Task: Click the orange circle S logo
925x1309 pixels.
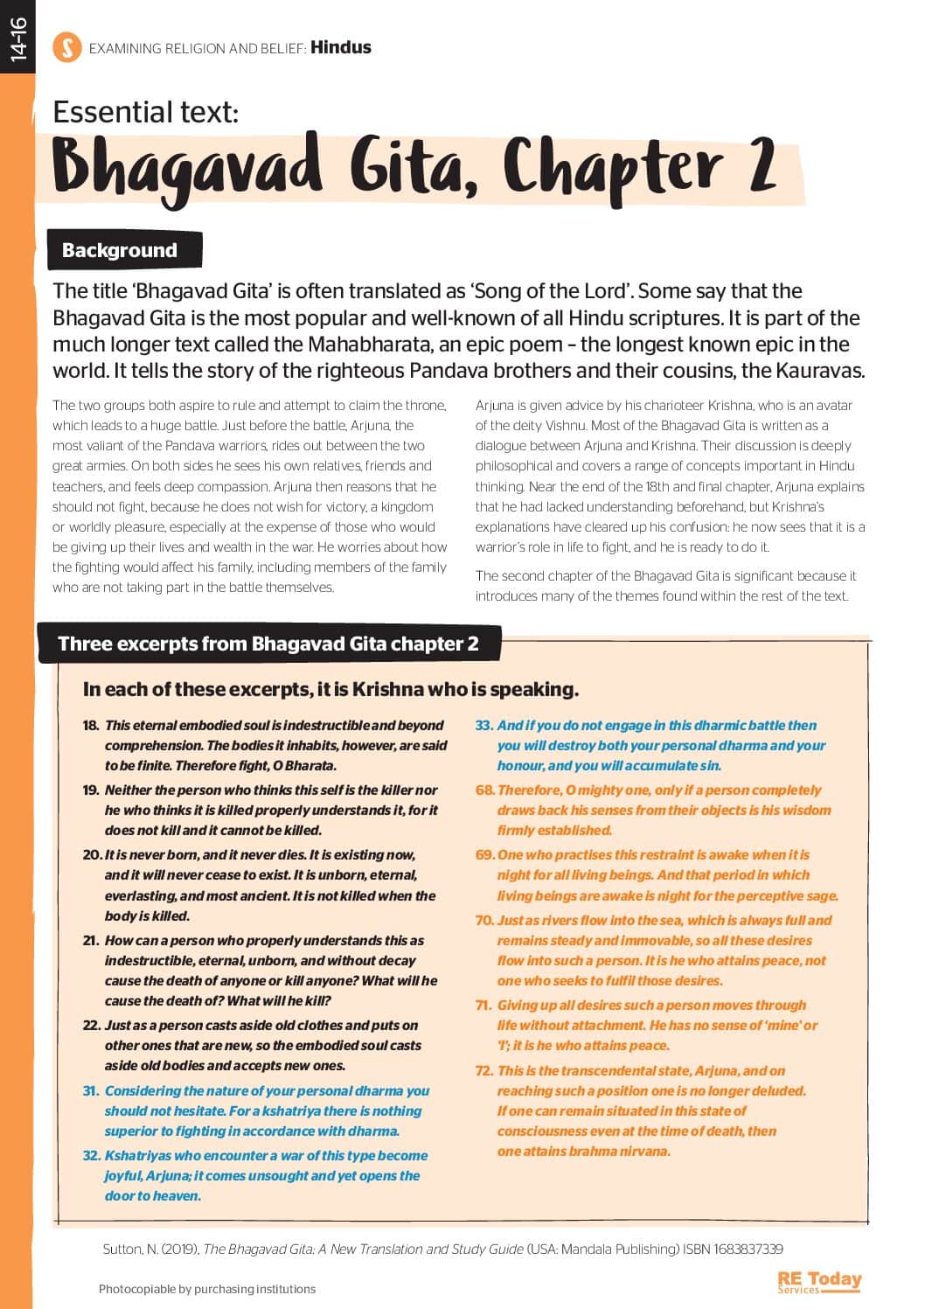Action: click(67, 47)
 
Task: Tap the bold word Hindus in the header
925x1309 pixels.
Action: click(341, 47)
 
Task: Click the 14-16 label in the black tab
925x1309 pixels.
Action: click(17, 40)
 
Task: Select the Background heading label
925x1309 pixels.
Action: click(120, 250)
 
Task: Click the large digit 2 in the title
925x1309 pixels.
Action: click(762, 166)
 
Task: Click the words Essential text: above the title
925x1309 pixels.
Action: click(146, 112)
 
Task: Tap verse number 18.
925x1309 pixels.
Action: click(91, 726)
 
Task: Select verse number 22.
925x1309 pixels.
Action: click(92, 1025)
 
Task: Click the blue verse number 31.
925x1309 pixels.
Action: click(91, 1091)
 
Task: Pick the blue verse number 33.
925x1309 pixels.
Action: click(484, 726)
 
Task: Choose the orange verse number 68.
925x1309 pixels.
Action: click(484, 790)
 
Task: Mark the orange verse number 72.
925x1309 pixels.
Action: click(484, 1071)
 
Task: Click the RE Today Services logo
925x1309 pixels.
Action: click(818, 1282)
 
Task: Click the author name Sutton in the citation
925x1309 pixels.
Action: click(122, 1249)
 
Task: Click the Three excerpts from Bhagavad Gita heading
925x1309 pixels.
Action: click(268, 644)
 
